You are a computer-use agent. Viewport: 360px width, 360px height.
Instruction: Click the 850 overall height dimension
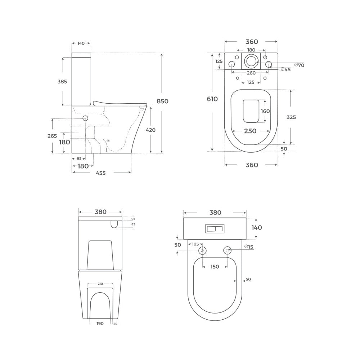point(163,101)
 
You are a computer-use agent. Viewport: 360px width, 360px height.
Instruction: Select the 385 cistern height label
point(62,81)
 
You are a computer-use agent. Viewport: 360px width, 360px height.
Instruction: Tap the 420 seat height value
point(150,130)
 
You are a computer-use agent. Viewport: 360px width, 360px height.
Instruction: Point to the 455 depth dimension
point(101,173)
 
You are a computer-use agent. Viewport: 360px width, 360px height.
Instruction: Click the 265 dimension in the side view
point(52,136)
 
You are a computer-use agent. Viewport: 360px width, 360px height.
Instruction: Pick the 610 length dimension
point(212,99)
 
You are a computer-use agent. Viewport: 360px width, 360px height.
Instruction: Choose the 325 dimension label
point(291,117)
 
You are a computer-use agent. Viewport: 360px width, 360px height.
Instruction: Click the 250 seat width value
point(250,131)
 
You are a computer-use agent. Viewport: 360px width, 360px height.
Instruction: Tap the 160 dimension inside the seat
point(265,111)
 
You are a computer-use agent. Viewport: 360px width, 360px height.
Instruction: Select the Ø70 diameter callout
point(299,65)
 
